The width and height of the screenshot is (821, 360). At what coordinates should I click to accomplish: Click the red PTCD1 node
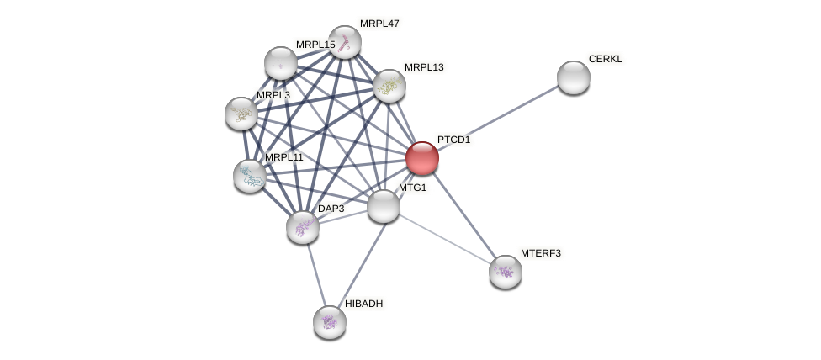(421, 158)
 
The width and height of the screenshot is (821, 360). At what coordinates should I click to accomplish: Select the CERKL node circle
(573, 77)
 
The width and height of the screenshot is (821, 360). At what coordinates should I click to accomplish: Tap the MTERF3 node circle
(505, 272)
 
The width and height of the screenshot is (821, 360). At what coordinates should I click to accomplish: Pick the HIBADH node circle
(329, 321)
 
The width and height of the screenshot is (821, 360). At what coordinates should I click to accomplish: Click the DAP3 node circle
(302, 227)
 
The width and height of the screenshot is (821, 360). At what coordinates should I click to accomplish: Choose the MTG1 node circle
(383, 206)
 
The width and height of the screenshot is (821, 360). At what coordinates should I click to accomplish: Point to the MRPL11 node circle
(250, 176)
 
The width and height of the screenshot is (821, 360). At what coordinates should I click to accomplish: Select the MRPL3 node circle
(241, 114)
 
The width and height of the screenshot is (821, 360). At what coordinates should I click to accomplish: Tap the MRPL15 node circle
(280, 63)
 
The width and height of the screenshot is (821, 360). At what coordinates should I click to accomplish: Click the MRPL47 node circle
(344, 42)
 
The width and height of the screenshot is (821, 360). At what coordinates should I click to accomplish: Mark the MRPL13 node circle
(389, 86)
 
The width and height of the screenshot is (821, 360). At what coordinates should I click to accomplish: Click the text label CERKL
(605, 59)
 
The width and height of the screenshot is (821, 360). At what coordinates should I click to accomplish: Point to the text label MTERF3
(540, 253)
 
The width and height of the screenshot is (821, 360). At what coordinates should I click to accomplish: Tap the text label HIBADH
(363, 304)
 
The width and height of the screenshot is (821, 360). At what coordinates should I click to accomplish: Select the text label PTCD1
(453, 140)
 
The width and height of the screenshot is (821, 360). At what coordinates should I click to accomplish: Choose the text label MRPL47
(379, 24)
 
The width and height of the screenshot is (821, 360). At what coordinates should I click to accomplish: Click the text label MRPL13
(423, 67)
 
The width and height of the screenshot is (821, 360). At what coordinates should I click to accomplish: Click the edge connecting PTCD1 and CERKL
(497, 118)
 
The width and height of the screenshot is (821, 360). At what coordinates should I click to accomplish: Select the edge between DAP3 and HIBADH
(315, 274)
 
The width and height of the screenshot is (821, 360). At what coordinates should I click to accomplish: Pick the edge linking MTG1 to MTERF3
(443, 239)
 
